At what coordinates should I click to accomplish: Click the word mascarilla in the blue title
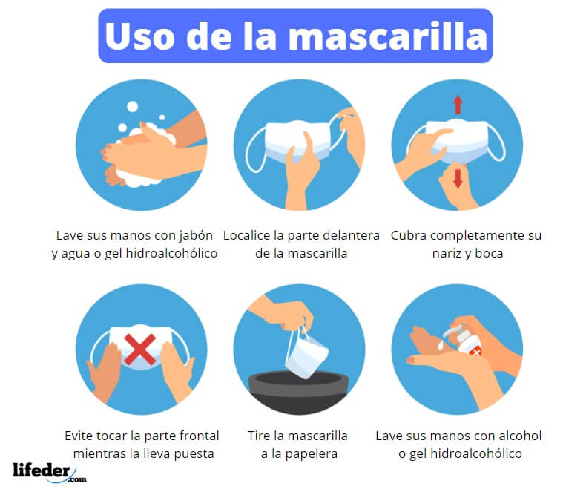(388, 36)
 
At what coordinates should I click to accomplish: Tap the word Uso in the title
(139, 36)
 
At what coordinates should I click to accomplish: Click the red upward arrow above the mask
(458, 105)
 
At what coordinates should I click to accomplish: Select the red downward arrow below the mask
(458, 178)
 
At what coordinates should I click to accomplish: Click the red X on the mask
(139, 350)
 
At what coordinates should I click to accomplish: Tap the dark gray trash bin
(298, 390)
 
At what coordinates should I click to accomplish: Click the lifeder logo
(50, 473)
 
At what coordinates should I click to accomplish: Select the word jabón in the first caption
(196, 236)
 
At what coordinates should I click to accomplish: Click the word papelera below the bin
(311, 454)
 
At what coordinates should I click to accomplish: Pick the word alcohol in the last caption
(519, 436)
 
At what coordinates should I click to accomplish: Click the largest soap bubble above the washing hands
(132, 107)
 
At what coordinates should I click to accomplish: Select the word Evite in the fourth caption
(79, 436)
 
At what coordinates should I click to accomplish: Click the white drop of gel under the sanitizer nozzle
(441, 345)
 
